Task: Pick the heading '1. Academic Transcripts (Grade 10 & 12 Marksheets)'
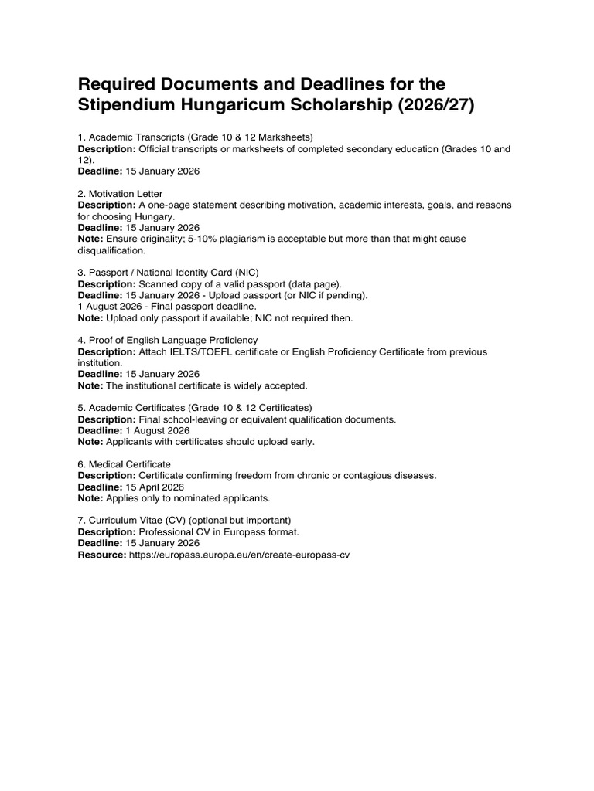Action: coord(195,137)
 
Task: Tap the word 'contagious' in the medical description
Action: coord(350,476)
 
